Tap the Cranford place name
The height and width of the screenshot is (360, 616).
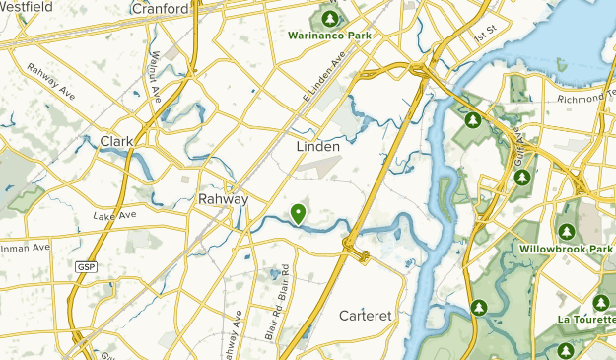[159, 9]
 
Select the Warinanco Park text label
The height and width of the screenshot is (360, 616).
[329, 36]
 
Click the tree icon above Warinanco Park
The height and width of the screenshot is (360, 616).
[330, 18]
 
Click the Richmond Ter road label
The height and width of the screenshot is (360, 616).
[585, 99]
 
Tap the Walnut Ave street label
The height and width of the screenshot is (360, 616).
[156, 79]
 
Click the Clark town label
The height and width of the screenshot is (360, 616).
[117, 142]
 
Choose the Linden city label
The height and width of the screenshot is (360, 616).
[317, 146]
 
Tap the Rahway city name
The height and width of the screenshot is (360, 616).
[223, 198]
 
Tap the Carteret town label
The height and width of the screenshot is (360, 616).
[365, 317]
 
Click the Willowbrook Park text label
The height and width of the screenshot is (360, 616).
[566, 251]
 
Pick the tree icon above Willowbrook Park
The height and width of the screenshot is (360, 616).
[567, 232]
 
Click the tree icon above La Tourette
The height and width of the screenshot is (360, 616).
[600, 303]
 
